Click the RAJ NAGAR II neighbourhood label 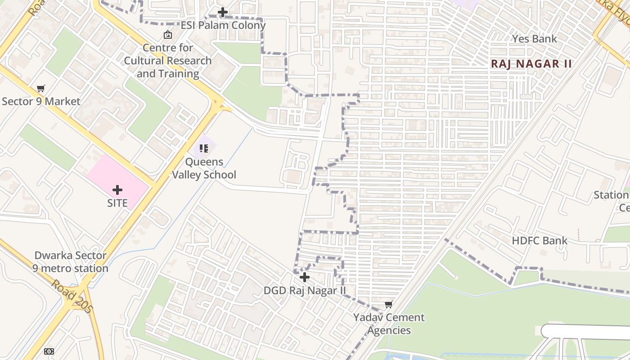(531, 63)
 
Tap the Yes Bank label (534, 39)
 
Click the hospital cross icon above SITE (117, 190)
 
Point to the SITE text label (117, 203)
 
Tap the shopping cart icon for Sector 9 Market (41, 89)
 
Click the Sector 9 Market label (41, 101)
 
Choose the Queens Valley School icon (204, 148)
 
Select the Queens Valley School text (204, 168)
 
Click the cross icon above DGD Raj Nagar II (305, 277)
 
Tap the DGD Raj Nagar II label (305, 290)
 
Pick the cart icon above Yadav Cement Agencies (389, 305)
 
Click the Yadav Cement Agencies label (389, 324)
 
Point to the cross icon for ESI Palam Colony (223, 12)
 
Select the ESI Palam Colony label (223, 25)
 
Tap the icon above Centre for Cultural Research (168, 34)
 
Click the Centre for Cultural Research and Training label (168, 60)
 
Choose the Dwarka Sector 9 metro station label (70, 261)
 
